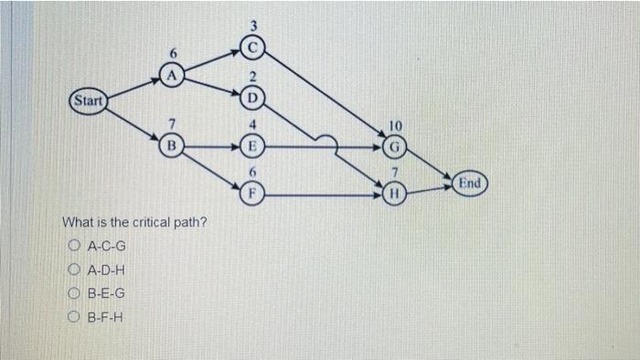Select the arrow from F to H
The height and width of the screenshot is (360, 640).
320,193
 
